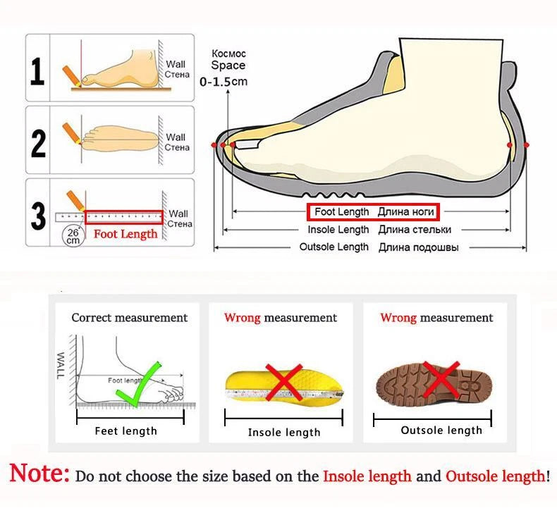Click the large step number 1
tap(37, 72)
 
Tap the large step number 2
tap(38, 144)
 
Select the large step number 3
tap(38, 216)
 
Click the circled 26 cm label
tap(73, 236)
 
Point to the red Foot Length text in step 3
tap(126, 233)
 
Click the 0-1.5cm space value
tap(224, 81)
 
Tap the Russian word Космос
tap(228, 54)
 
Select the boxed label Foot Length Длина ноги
tap(374, 212)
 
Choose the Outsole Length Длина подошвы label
tap(379, 247)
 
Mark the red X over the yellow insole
tap(284, 383)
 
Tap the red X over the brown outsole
tap(441, 379)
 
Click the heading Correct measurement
tap(129, 317)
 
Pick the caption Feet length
tap(126, 431)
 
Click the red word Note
tap(39, 473)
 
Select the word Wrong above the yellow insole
tap(243, 317)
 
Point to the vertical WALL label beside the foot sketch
tap(61, 365)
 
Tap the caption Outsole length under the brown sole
tap(441, 431)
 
